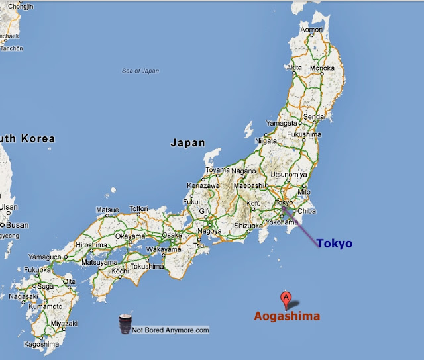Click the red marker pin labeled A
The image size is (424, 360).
(286, 298)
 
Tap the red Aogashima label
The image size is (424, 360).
(287, 316)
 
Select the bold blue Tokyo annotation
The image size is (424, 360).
(334, 244)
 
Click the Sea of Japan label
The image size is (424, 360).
(141, 71)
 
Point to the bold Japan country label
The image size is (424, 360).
(187, 142)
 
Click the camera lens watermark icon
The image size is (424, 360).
(125, 325)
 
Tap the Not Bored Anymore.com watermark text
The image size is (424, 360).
(170, 330)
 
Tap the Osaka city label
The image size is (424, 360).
(172, 235)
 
